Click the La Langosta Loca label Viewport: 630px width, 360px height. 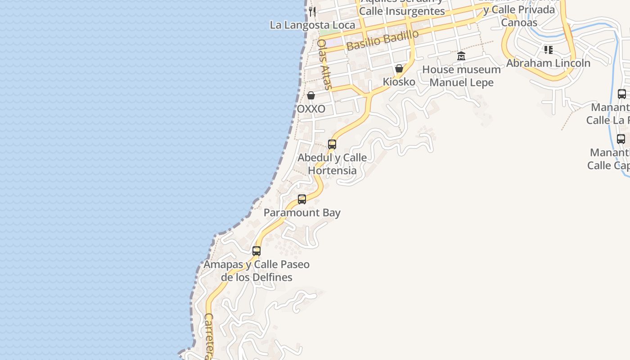pyautogui.click(x=312, y=25)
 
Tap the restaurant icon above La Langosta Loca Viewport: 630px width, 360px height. pyautogui.click(x=312, y=11)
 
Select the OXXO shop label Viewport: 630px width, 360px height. pyautogui.click(x=311, y=109)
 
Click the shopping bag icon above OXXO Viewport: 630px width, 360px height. pyautogui.click(x=310, y=95)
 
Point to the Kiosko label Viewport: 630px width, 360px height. pyautogui.click(x=399, y=82)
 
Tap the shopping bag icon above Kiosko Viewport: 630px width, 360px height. pyautogui.click(x=399, y=68)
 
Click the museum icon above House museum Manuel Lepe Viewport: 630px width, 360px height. pyautogui.click(x=461, y=56)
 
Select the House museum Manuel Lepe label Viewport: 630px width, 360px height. pyautogui.click(x=461, y=76)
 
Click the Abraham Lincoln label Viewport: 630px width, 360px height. pyautogui.click(x=548, y=63)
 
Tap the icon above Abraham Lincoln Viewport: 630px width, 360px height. pyautogui.click(x=548, y=49)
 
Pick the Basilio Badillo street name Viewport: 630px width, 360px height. pyautogui.click(x=382, y=40)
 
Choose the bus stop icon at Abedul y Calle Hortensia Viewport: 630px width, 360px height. pyautogui.click(x=332, y=144)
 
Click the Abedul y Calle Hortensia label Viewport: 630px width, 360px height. pyautogui.click(x=332, y=164)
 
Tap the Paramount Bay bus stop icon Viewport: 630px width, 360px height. pyautogui.click(x=302, y=199)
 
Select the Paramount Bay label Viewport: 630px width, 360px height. pyautogui.click(x=302, y=213)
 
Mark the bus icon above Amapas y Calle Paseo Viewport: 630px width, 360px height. pyautogui.click(x=256, y=251)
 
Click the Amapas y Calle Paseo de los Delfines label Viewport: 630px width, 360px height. pyautogui.click(x=256, y=270)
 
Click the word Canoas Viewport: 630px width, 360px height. pyautogui.click(x=519, y=22)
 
